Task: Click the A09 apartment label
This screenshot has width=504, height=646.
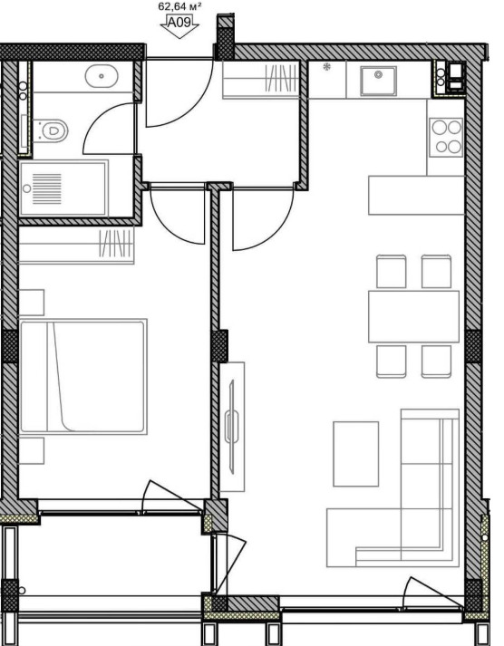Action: tap(179, 22)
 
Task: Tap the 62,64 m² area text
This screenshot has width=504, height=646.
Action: tap(179, 6)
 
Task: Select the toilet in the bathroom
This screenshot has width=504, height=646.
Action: tap(50, 130)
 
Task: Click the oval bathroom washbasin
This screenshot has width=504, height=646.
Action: tap(102, 76)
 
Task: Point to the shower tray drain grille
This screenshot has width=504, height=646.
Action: tap(46, 188)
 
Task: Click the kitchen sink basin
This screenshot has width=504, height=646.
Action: tap(378, 81)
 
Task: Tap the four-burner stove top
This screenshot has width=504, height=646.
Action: tap(446, 137)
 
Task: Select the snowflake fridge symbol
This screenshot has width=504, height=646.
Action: tap(327, 67)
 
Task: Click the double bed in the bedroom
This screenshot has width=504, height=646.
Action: tap(83, 377)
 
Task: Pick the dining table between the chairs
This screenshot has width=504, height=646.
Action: tap(413, 316)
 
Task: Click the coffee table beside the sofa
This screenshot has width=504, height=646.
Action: tap(355, 454)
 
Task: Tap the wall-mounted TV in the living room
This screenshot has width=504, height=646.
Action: tap(232, 427)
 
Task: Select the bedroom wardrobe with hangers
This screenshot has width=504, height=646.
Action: tap(77, 246)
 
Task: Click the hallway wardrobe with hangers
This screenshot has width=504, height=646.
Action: tap(260, 81)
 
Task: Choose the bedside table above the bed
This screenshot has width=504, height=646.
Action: tap(32, 303)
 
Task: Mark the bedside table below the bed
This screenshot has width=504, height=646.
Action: tap(32, 450)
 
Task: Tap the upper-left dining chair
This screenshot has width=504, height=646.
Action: tap(391, 272)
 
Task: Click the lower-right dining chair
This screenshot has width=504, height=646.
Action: tap(436, 362)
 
